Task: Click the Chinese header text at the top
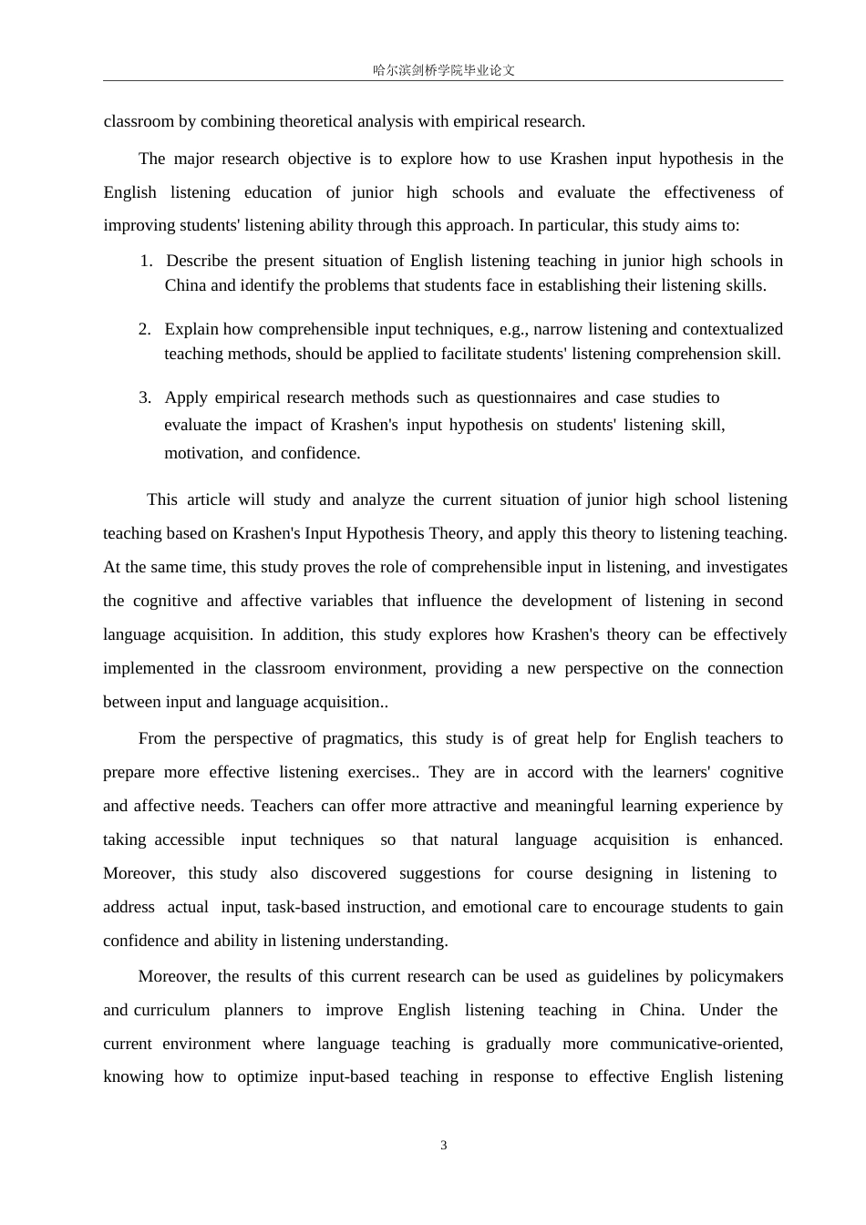[x=444, y=70]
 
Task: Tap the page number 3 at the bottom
[x=444, y=1146]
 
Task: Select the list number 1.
[x=146, y=261]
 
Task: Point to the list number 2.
[x=144, y=329]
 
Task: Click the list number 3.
[x=144, y=397]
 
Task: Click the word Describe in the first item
[x=197, y=261]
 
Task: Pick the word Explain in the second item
[x=191, y=329]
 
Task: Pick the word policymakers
[x=736, y=976]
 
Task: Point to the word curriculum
[x=171, y=1010]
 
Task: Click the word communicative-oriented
[x=696, y=1044]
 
